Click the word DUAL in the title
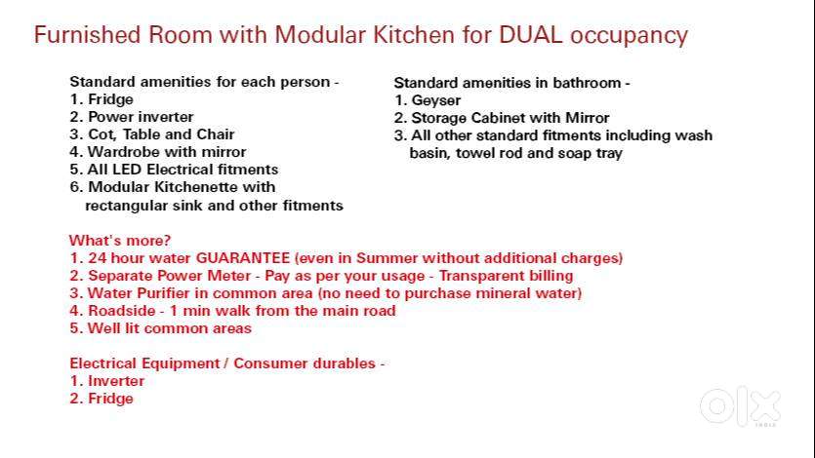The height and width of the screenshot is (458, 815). point(531,35)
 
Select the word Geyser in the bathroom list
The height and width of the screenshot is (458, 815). point(436,100)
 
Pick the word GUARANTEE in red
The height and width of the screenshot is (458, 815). point(243,258)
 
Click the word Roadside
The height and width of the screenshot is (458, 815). point(122,311)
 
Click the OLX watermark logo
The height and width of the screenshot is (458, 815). point(740,407)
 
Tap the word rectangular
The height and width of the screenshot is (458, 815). point(126,206)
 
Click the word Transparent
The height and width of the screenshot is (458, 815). point(481,276)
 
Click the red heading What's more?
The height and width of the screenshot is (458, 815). point(120,241)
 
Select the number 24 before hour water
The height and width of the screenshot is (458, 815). point(98,258)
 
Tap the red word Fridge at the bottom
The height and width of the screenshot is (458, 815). point(110,399)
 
